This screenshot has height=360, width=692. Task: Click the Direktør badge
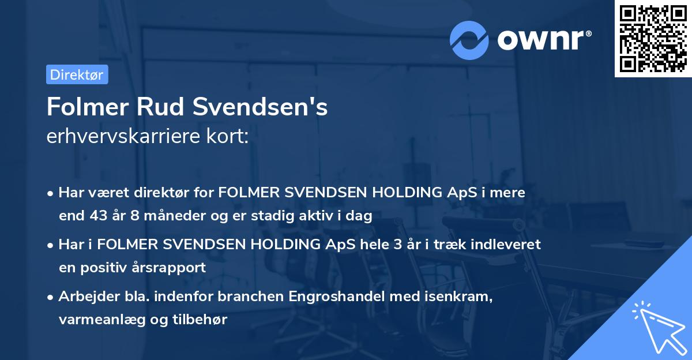[x=77, y=74]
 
